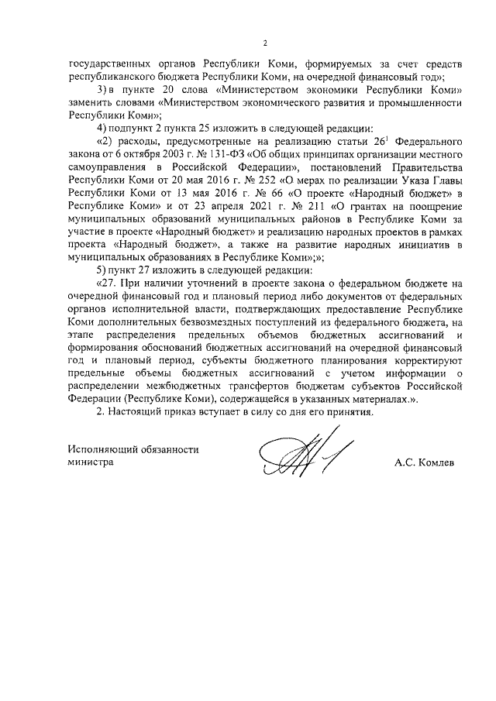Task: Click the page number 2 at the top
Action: [265, 42]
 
